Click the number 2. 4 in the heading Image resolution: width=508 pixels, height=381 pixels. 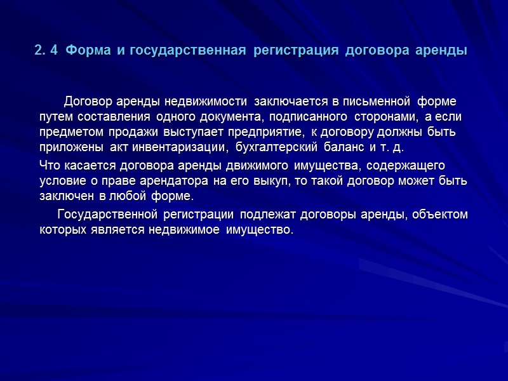click(46, 50)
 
